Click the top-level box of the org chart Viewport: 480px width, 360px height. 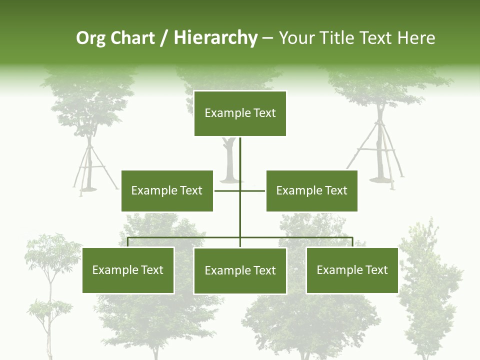pyautogui.click(x=240, y=113)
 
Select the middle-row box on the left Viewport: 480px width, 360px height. pyautogui.click(x=167, y=190)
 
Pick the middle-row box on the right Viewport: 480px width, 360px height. pyautogui.click(x=311, y=190)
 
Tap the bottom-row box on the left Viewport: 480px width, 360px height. pyautogui.click(x=128, y=270)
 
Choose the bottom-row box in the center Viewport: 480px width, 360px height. pyautogui.click(x=240, y=270)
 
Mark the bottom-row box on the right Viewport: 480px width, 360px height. pyautogui.click(x=352, y=270)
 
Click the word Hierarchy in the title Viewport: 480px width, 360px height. pyautogui.click(x=215, y=37)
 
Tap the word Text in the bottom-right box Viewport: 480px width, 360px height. pyautogui.click(x=376, y=270)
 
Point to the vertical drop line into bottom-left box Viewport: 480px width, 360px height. pyautogui.click(x=128, y=242)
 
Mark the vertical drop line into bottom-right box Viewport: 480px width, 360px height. pyautogui.click(x=352, y=242)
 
